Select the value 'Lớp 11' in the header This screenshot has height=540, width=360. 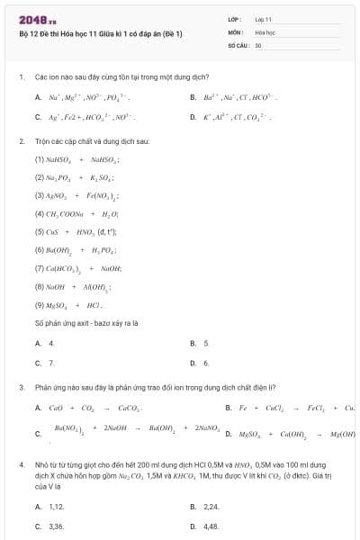tap(263, 19)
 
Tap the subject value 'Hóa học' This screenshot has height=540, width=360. tap(265, 31)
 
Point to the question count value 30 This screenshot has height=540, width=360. tap(258, 44)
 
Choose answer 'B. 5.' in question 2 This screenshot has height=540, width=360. tap(200, 343)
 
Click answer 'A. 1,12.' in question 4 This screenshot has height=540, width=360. tap(49, 507)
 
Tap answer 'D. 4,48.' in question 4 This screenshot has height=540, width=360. tap(205, 526)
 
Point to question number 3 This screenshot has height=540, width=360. tap(21, 388)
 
